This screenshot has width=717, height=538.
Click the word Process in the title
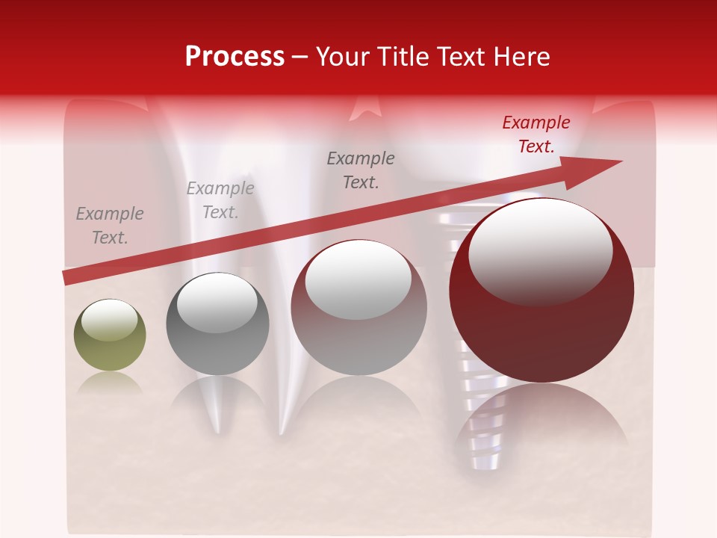[x=235, y=57]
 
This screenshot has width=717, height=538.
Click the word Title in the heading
[x=403, y=57]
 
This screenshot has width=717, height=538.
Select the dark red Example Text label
[x=536, y=134]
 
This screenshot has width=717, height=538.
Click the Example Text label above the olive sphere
[x=110, y=226]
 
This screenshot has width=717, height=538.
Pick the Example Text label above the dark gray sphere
[x=220, y=200]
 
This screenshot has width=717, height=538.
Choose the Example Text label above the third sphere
[x=361, y=170]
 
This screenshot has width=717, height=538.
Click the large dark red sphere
[x=541, y=329]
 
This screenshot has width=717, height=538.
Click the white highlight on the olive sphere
[x=109, y=320]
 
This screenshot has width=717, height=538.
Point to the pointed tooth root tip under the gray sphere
[x=217, y=426]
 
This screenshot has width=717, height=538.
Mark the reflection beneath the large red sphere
[x=541, y=418]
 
